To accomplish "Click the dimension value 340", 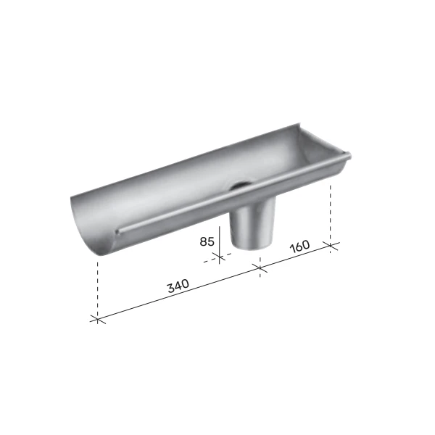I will click(x=178, y=285).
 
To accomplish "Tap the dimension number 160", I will click(x=299, y=245).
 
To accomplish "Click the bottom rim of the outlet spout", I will click(x=246, y=247).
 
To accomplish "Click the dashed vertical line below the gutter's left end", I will click(x=96, y=286).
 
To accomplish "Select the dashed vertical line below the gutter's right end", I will click(x=331, y=210).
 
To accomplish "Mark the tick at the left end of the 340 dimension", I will click(x=96, y=318).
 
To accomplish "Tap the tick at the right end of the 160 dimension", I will click(x=331, y=244).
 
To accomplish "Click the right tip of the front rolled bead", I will click(x=348, y=154).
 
